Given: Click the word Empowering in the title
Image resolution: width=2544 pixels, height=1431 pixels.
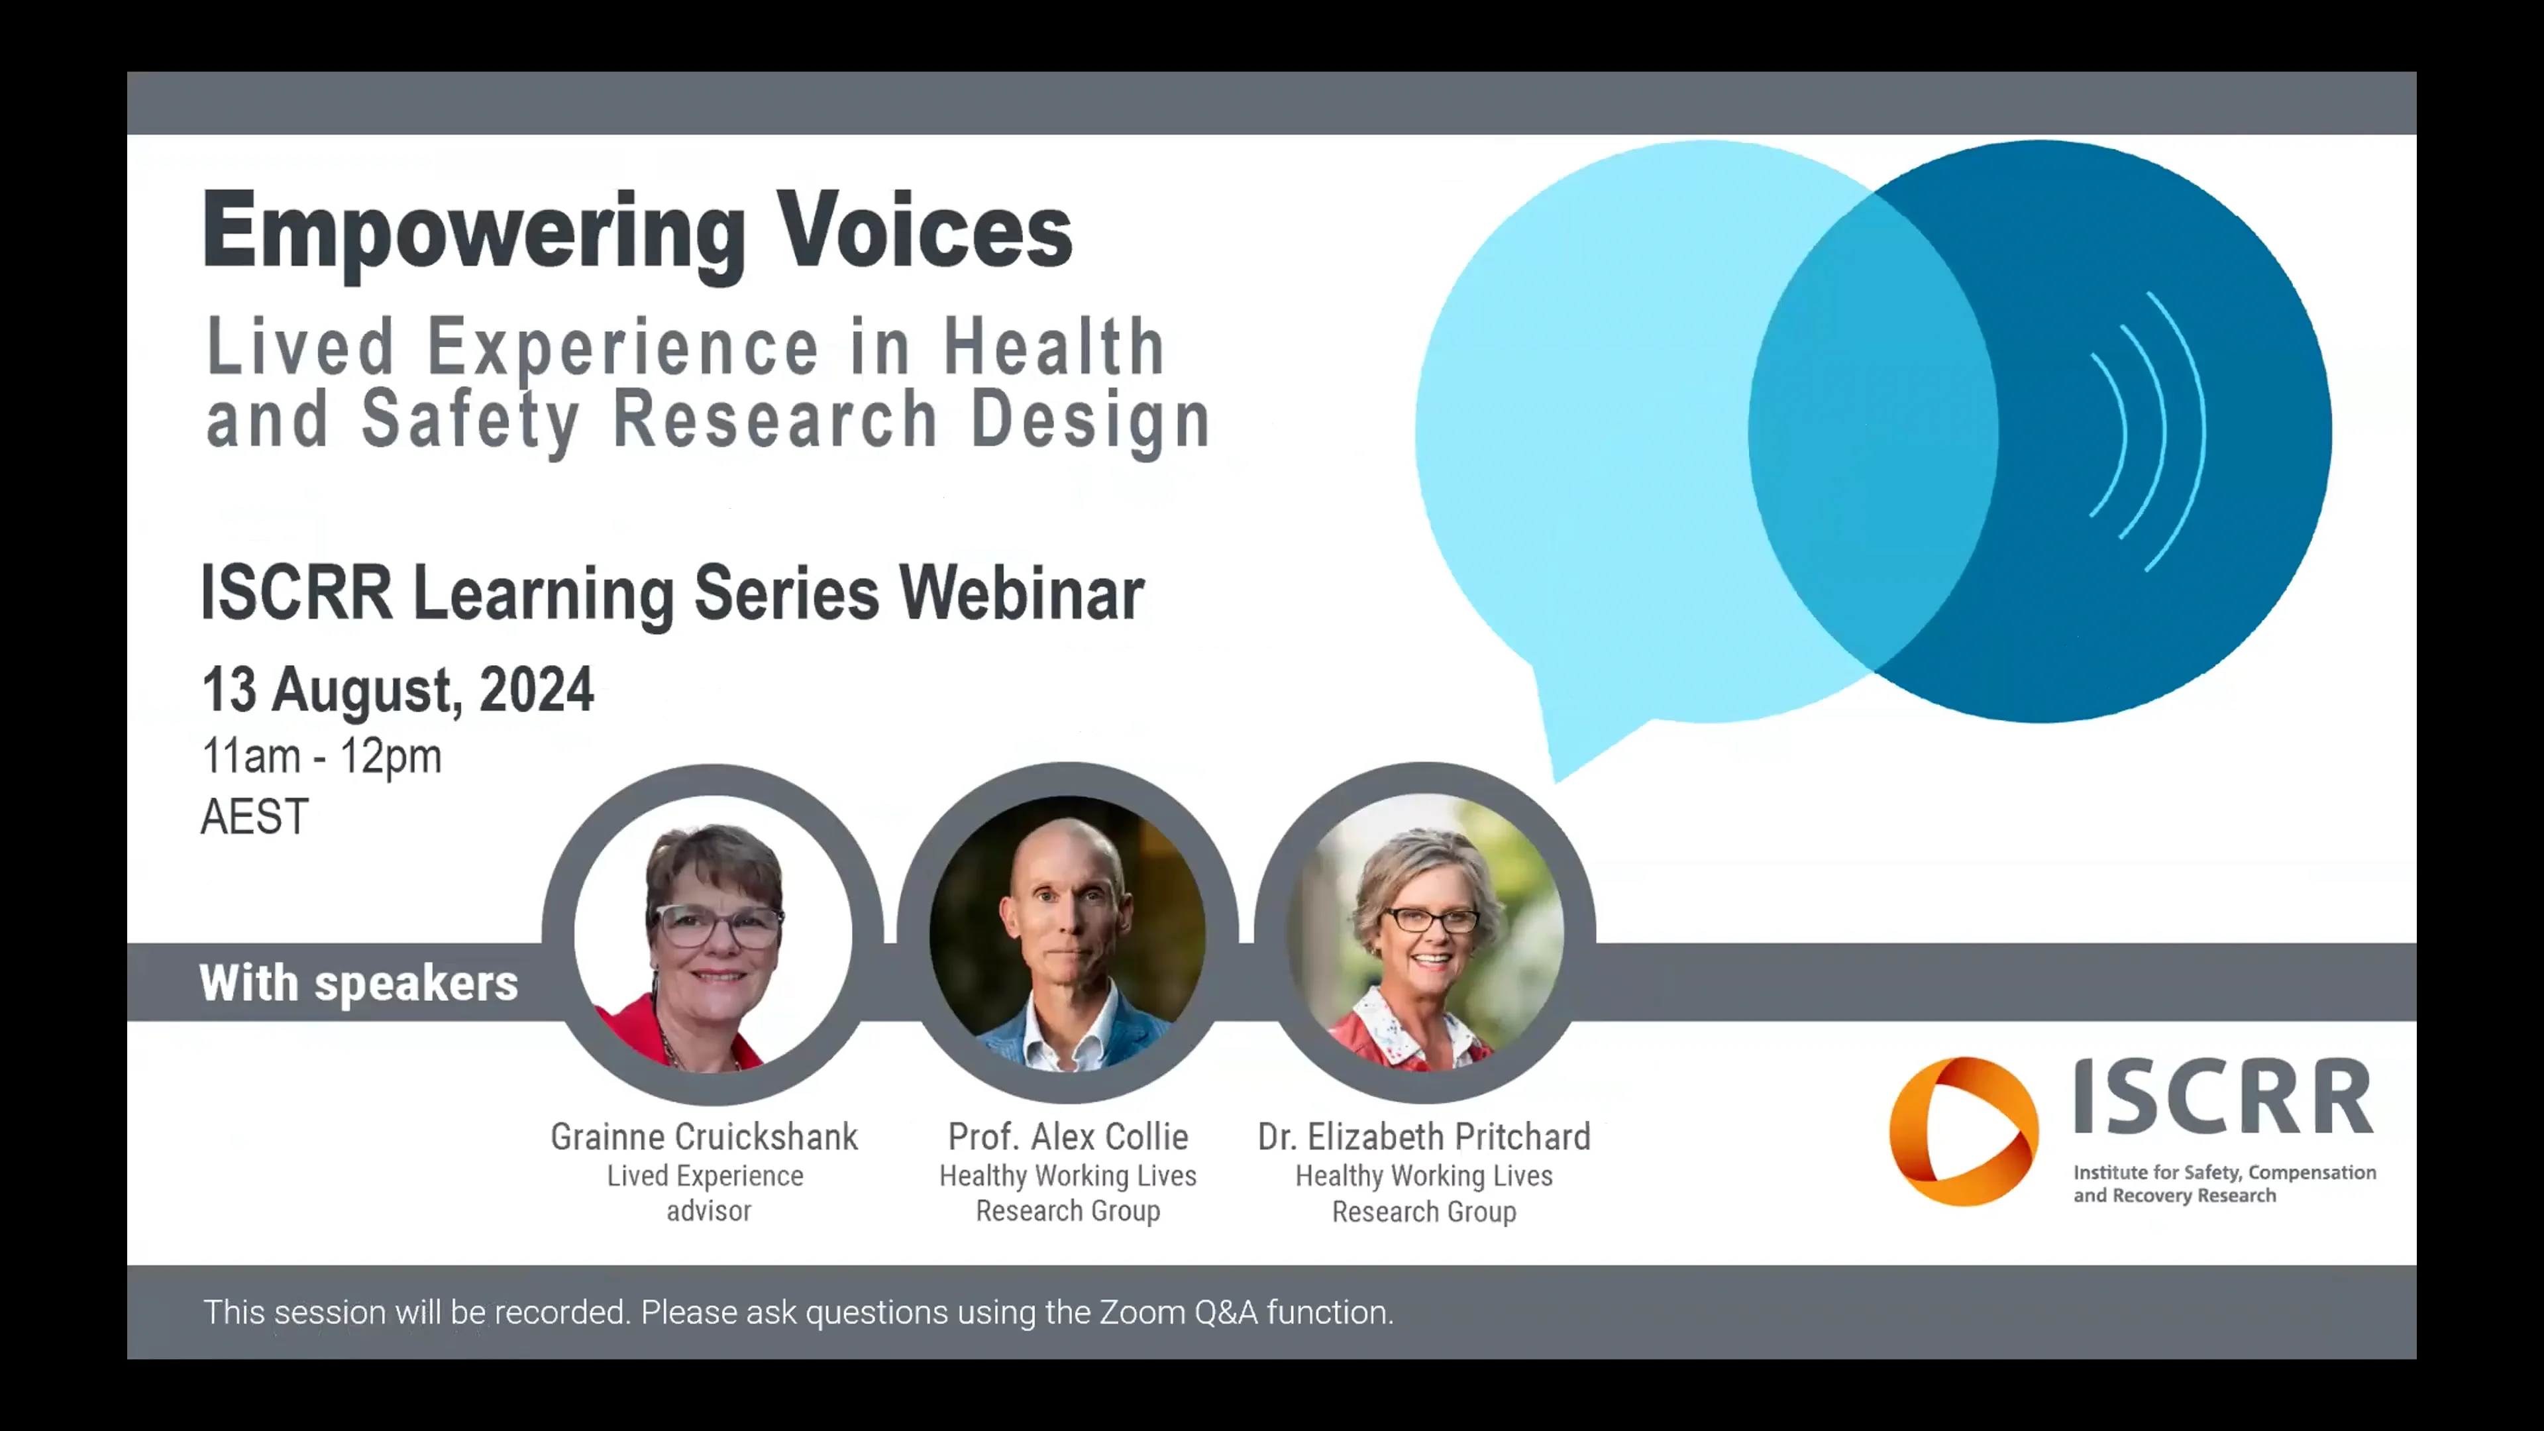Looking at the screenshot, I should tap(474, 232).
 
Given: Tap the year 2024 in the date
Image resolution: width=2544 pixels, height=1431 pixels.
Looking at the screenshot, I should tap(536, 689).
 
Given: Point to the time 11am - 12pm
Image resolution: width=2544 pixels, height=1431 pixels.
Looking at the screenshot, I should tap(321, 757).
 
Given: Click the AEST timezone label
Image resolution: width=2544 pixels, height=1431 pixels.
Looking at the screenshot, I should tap(255, 817).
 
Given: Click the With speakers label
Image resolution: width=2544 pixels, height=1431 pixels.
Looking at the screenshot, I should tap(358, 982).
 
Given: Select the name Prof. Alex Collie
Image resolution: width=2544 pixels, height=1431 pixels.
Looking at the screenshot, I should tap(1067, 1137).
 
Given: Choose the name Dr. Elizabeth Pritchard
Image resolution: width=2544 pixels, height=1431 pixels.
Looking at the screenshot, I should tap(1423, 1137).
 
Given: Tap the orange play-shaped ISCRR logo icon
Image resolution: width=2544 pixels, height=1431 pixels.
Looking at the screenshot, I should tap(1962, 1131).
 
